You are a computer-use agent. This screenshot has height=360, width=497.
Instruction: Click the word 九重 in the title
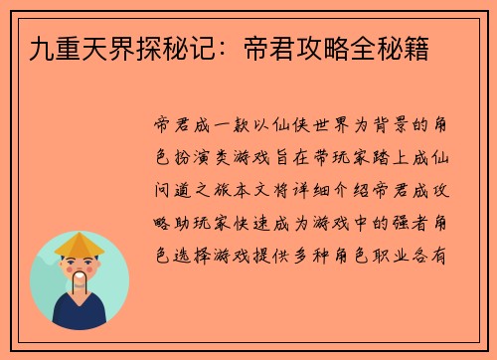coord(41,46)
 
